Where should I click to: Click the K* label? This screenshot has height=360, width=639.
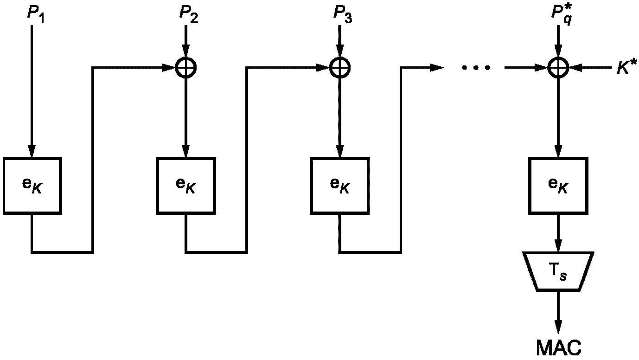[x=626, y=67]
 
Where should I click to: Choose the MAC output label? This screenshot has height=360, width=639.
[x=559, y=347]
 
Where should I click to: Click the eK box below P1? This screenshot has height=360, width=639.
[x=32, y=186]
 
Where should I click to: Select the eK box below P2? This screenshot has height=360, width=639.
[x=185, y=186]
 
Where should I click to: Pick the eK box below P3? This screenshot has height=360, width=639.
[x=340, y=186]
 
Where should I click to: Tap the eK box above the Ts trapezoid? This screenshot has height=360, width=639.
[x=558, y=186]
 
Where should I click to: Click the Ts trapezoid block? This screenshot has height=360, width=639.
[x=558, y=271]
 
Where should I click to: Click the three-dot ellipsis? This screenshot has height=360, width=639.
[x=476, y=68]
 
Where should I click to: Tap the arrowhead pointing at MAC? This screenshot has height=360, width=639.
[x=558, y=327]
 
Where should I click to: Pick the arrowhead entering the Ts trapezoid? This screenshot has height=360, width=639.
[x=558, y=245]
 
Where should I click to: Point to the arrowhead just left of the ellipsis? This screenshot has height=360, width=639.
[x=437, y=68]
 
